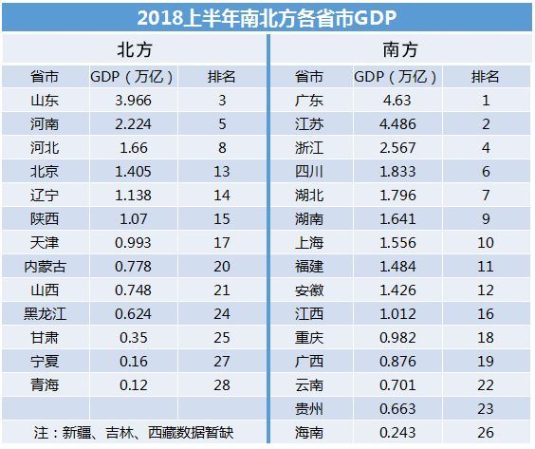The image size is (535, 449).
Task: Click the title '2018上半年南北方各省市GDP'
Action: [267, 17]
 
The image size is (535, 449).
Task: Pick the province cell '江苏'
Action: [310, 123]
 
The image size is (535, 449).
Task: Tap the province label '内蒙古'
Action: [45, 266]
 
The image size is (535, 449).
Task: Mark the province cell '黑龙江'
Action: [45, 313]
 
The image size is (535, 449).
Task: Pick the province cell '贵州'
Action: [310, 408]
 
